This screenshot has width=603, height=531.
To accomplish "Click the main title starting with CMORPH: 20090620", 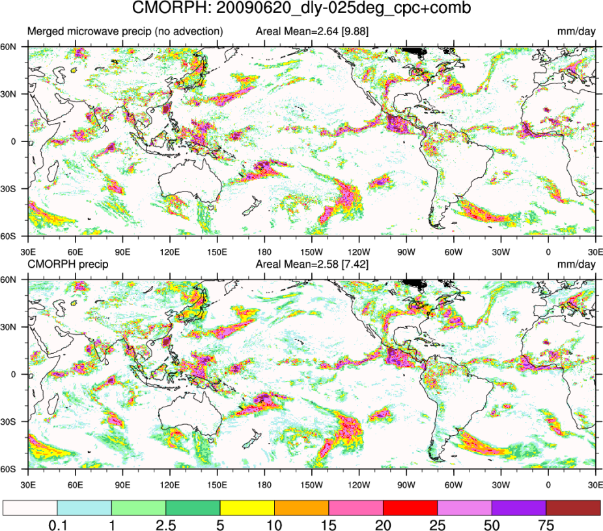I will click(x=301, y=9).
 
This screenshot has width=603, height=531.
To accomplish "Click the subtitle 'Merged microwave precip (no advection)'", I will click(x=124, y=31).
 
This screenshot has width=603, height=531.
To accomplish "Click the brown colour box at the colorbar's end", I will click(x=572, y=508).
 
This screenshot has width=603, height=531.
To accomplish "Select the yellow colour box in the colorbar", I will click(x=247, y=508).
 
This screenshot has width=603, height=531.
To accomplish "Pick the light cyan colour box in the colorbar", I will click(x=85, y=508).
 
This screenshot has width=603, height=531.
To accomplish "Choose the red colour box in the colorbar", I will click(x=410, y=508).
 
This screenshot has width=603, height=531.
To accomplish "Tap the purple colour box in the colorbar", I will click(x=518, y=508).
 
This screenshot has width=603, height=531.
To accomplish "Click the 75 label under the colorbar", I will click(x=546, y=523).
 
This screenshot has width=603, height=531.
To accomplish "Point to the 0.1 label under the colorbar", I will click(x=57, y=523).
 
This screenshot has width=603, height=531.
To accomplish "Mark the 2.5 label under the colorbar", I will click(x=166, y=523).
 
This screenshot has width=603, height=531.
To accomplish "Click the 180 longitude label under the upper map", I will click(x=264, y=251).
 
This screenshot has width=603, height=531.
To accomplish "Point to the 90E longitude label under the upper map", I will click(x=122, y=251).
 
